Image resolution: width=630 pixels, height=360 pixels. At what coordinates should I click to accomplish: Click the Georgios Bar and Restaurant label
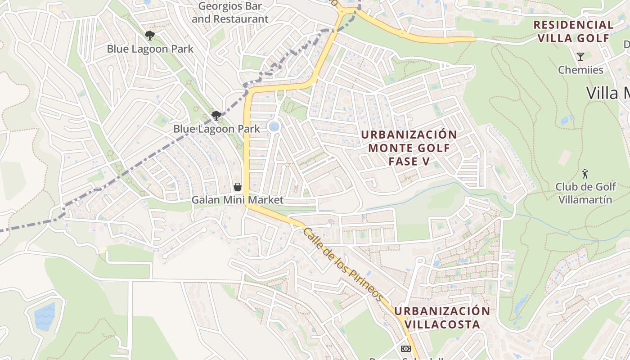pyautogui.click(x=230, y=13)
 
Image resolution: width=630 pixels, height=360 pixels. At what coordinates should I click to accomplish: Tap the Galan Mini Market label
pyautogui.click(x=238, y=200)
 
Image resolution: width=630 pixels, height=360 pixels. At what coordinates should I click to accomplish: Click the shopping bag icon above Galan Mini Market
pyautogui.click(x=237, y=187)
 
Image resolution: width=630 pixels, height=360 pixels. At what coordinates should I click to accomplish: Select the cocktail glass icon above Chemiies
pyautogui.click(x=580, y=57)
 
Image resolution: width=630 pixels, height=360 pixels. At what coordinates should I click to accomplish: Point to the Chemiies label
pyautogui.click(x=580, y=70)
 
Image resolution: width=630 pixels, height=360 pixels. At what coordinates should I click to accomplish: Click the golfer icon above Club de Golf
pyautogui.click(x=585, y=174)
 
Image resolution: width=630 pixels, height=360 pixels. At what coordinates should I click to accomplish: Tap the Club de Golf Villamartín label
pyautogui.click(x=585, y=193)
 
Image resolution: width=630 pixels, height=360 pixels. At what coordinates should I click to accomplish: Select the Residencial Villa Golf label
pyautogui.click(x=573, y=31)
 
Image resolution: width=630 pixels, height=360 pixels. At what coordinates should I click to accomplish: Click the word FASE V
pyautogui.click(x=409, y=161)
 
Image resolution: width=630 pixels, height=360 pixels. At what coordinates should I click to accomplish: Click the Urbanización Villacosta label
pyautogui.click(x=442, y=318)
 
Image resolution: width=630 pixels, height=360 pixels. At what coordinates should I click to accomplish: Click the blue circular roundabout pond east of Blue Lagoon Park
pyautogui.click(x=273, y=127)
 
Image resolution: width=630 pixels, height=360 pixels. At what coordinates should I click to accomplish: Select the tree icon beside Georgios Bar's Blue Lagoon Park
pyautogui.click(x=150, y=35)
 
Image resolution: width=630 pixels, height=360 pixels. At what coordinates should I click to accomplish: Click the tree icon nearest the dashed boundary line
pyautogui.click(x=216, y=116)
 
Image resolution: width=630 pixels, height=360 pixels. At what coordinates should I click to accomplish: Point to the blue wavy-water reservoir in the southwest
pyautogui.click(x=45, y=316)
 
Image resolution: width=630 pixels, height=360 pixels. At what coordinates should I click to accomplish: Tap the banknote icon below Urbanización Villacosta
pyautogui.click(x=405, y=349)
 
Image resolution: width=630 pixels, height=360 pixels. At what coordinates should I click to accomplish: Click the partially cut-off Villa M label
pyautogui.click(x=607, y=93)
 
